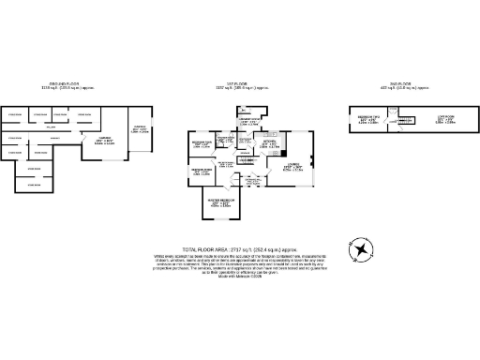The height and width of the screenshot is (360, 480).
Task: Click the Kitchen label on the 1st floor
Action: (268, 144)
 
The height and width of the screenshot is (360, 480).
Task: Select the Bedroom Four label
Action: (202, 144)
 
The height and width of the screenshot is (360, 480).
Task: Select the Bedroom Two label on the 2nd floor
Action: (368, 120)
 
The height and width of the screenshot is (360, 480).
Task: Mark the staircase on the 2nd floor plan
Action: (406, 119)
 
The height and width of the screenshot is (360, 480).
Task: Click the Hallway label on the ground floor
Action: (54, 127)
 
